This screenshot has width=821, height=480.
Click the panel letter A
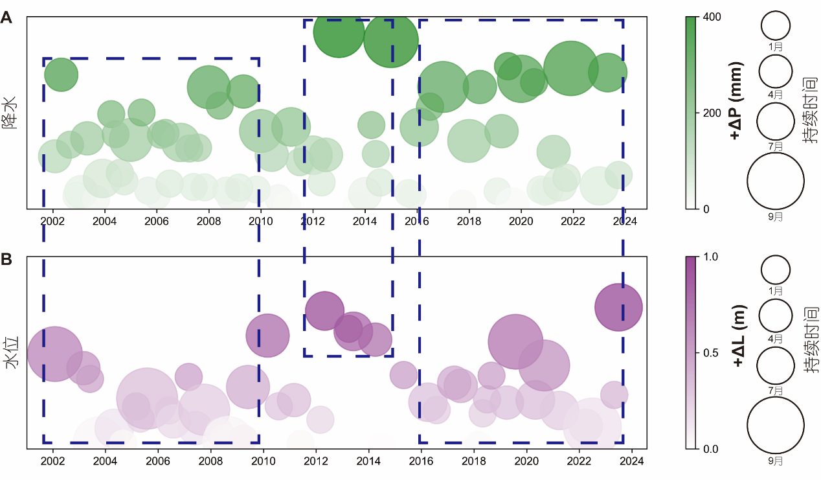(x=6, y=18)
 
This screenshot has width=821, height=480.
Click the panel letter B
(x=6, y=260)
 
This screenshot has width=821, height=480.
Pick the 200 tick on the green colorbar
(x=709, y=113)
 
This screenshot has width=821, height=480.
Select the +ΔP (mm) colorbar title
(x=736, y=101)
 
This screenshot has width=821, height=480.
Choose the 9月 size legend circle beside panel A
(x=776, y=182)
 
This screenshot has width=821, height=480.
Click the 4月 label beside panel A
(x=776, y=95)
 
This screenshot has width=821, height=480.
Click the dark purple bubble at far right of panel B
(x=618, y=307)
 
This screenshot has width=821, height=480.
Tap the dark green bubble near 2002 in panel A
(x=61, y=74)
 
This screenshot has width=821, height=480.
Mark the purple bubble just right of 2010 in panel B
(x=267, y=335)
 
